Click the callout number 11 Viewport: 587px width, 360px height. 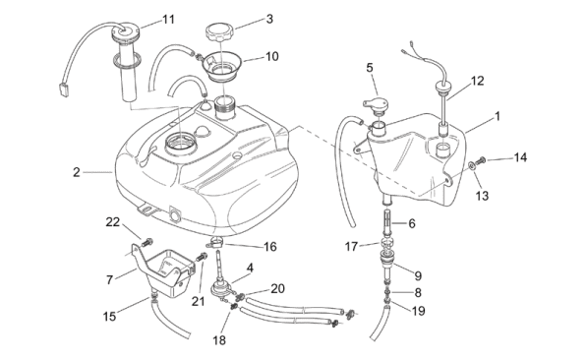coord(168,19)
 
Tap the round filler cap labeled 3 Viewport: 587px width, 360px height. coord(219,32)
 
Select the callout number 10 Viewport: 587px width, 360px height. coord(272,56)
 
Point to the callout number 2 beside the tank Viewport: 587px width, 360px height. coord(77,172)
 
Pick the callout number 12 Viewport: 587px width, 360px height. coord(477,81)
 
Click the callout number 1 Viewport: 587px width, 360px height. coord(498,116)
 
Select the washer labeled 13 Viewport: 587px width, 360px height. coord(471,165)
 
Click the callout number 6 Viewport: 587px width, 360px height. coord(412,223)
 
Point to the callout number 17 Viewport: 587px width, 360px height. coord(351,247)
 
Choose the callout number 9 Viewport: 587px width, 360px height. coord(418,276)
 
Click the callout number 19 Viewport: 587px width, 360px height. coord(418,311)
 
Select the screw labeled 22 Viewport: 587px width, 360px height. coord(147,242)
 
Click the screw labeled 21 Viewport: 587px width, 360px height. coord(202,258)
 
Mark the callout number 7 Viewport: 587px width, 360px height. coord(109,279)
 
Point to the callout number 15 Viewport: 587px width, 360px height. coord(109,317)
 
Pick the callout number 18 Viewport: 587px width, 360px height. coord(219,340)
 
